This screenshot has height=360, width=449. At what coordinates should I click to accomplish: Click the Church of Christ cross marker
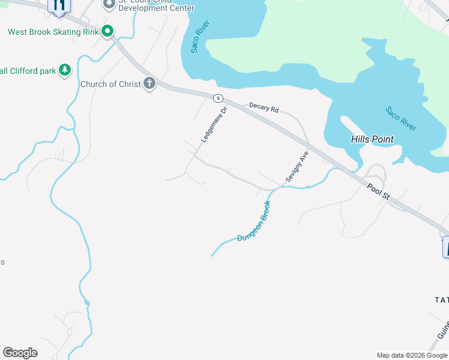pos(149,84)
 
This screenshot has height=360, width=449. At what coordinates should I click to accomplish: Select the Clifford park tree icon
pos(64,71)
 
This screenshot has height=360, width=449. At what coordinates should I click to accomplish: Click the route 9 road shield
pos(218,98)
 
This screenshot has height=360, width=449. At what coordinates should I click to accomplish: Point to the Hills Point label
pos(372,139)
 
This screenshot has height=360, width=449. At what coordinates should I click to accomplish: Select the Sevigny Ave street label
pos(297,166)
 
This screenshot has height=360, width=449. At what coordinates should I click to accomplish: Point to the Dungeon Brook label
pos(254,221)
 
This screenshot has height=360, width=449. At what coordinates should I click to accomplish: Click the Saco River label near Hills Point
pos(401,119)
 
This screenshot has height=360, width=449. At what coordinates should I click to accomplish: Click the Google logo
pos(20,353)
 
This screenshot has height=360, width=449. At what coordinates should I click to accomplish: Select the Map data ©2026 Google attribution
pos(412,355)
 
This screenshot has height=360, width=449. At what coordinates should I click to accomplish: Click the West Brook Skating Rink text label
pos(53,32)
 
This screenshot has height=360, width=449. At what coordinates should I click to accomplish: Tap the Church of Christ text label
pos(110,84)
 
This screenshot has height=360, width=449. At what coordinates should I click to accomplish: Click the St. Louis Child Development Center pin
pos(109,5)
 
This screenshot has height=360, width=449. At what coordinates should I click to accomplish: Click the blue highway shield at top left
pos(59,6)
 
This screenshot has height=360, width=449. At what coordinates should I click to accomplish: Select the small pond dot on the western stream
pos(86,302)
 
